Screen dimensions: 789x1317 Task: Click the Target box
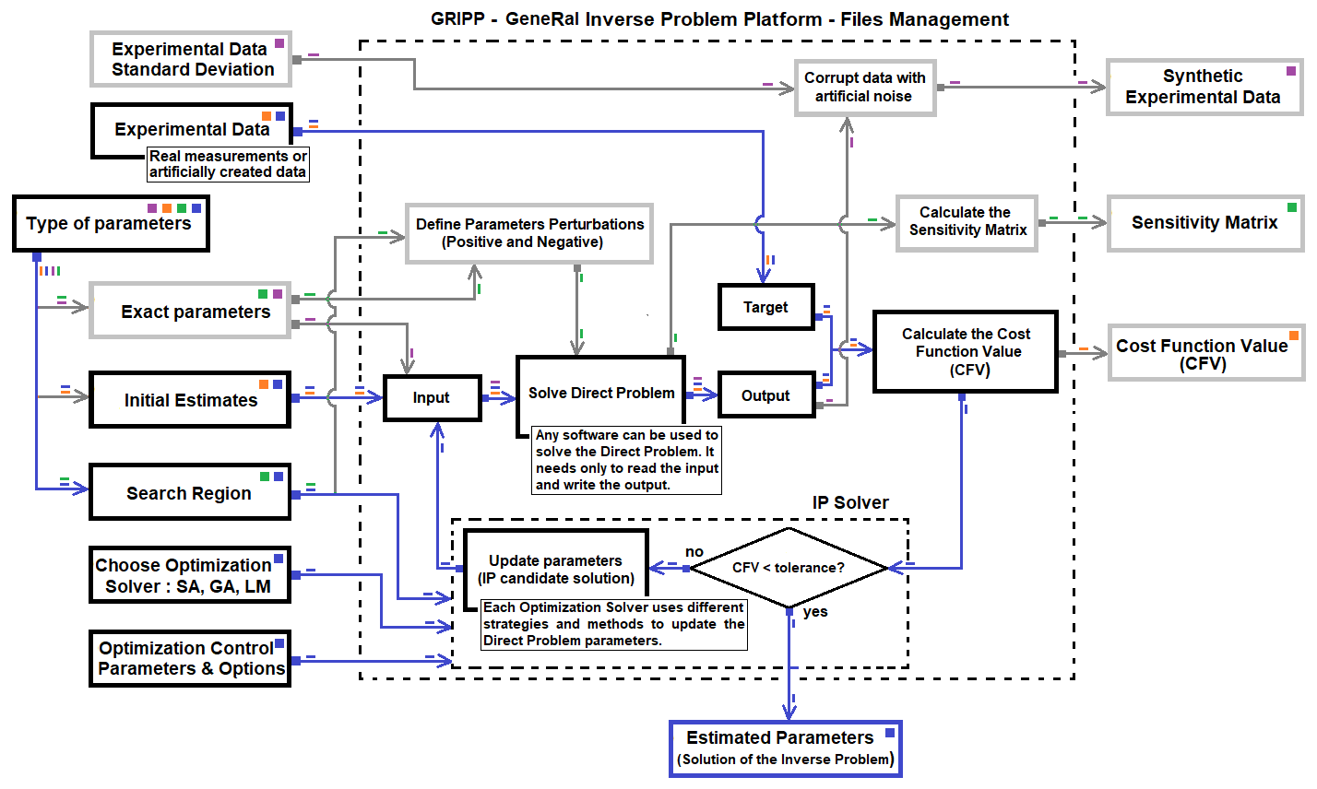765,307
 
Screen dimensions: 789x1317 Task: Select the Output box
765,395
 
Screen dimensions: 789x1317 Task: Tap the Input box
432,397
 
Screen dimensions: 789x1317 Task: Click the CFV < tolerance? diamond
788,567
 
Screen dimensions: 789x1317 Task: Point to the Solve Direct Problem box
600,393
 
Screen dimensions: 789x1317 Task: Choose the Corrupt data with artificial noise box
864,87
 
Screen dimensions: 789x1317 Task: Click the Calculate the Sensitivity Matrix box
967,221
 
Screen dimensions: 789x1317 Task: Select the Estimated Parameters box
785,748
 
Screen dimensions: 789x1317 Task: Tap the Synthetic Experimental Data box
1203,87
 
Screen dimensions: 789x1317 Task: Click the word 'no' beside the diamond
694,551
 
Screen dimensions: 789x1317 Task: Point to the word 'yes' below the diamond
815,611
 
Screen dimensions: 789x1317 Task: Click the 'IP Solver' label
850,502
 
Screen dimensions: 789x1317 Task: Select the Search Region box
189,493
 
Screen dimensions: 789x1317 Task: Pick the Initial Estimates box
190,400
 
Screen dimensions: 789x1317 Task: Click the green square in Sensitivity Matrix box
1291,206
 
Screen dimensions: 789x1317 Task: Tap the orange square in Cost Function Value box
1294,336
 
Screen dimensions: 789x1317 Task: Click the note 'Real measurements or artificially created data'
228,164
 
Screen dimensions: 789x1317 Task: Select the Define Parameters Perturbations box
529,233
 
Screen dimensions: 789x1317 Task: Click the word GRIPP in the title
457,19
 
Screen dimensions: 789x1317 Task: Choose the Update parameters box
555,569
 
